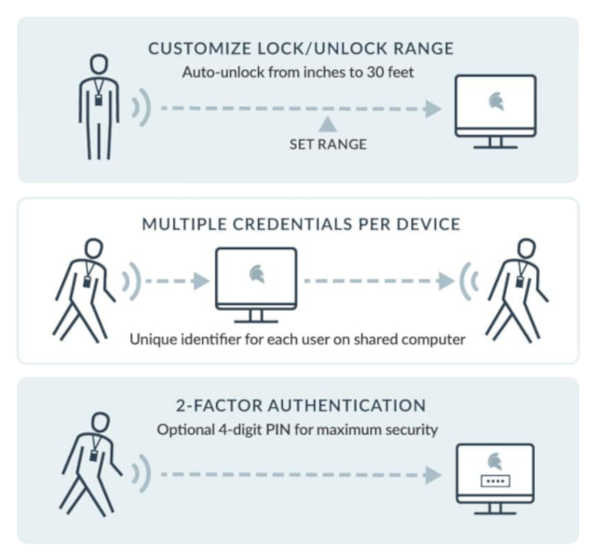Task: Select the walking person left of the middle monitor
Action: [x=86, y=289]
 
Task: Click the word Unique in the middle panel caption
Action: [x=153, y=339]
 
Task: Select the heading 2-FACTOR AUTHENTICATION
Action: [x=301, y=405]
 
